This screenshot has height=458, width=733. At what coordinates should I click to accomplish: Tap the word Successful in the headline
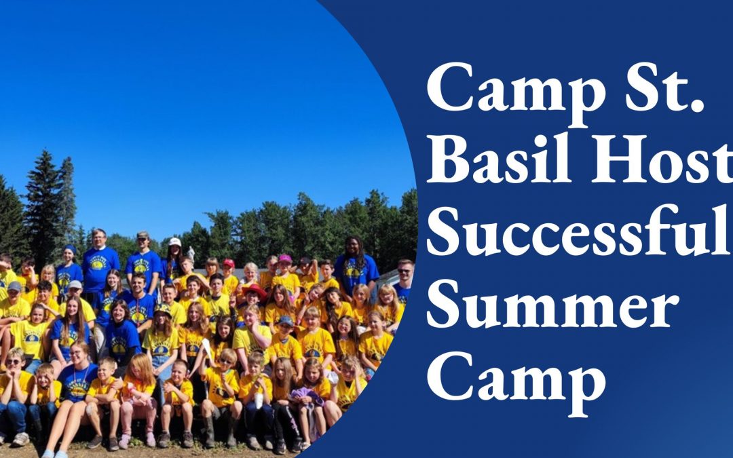pos(580,231)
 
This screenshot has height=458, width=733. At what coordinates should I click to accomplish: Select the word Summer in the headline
pos(552,304)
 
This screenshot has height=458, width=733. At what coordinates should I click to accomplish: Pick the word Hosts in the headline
pos(662,157)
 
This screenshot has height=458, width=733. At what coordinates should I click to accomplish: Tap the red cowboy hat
pos(254,290)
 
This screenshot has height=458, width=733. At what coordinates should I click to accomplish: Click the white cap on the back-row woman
pos(175,242)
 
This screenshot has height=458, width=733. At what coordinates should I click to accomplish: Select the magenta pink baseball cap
pos(284,258)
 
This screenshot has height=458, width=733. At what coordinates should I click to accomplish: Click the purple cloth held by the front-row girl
pos(307,396)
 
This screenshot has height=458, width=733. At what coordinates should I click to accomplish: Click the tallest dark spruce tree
pos(43,206)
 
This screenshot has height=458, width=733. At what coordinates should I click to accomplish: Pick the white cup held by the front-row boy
pos(259,400)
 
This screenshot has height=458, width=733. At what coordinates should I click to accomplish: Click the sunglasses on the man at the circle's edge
pos(405,271)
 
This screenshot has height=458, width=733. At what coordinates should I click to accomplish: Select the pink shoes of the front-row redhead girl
pos(137,440)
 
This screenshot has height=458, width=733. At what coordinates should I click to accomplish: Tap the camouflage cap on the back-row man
pos(143,235)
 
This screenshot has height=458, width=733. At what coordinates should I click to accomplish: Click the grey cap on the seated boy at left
pos(14,286)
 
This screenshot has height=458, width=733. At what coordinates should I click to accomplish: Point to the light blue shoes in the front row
pos(55,453)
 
